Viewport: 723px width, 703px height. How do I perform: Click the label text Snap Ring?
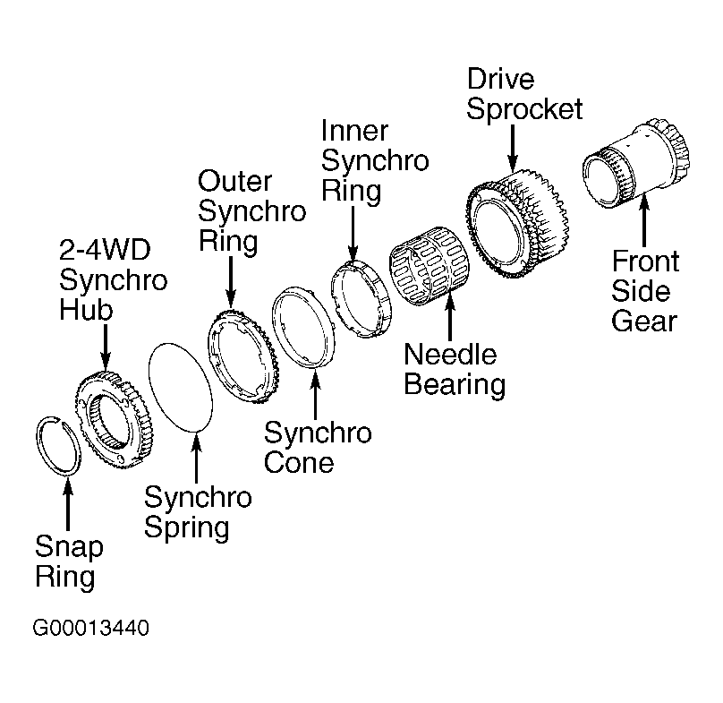tap(69, 561)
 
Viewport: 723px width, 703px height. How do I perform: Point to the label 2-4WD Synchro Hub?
tap(113, 279)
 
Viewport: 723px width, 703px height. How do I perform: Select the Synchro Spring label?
tap(198, 512)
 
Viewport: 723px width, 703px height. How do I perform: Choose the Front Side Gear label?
tap(645, 291)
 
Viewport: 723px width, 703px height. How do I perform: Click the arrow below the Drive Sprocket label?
tap(513, 145)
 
